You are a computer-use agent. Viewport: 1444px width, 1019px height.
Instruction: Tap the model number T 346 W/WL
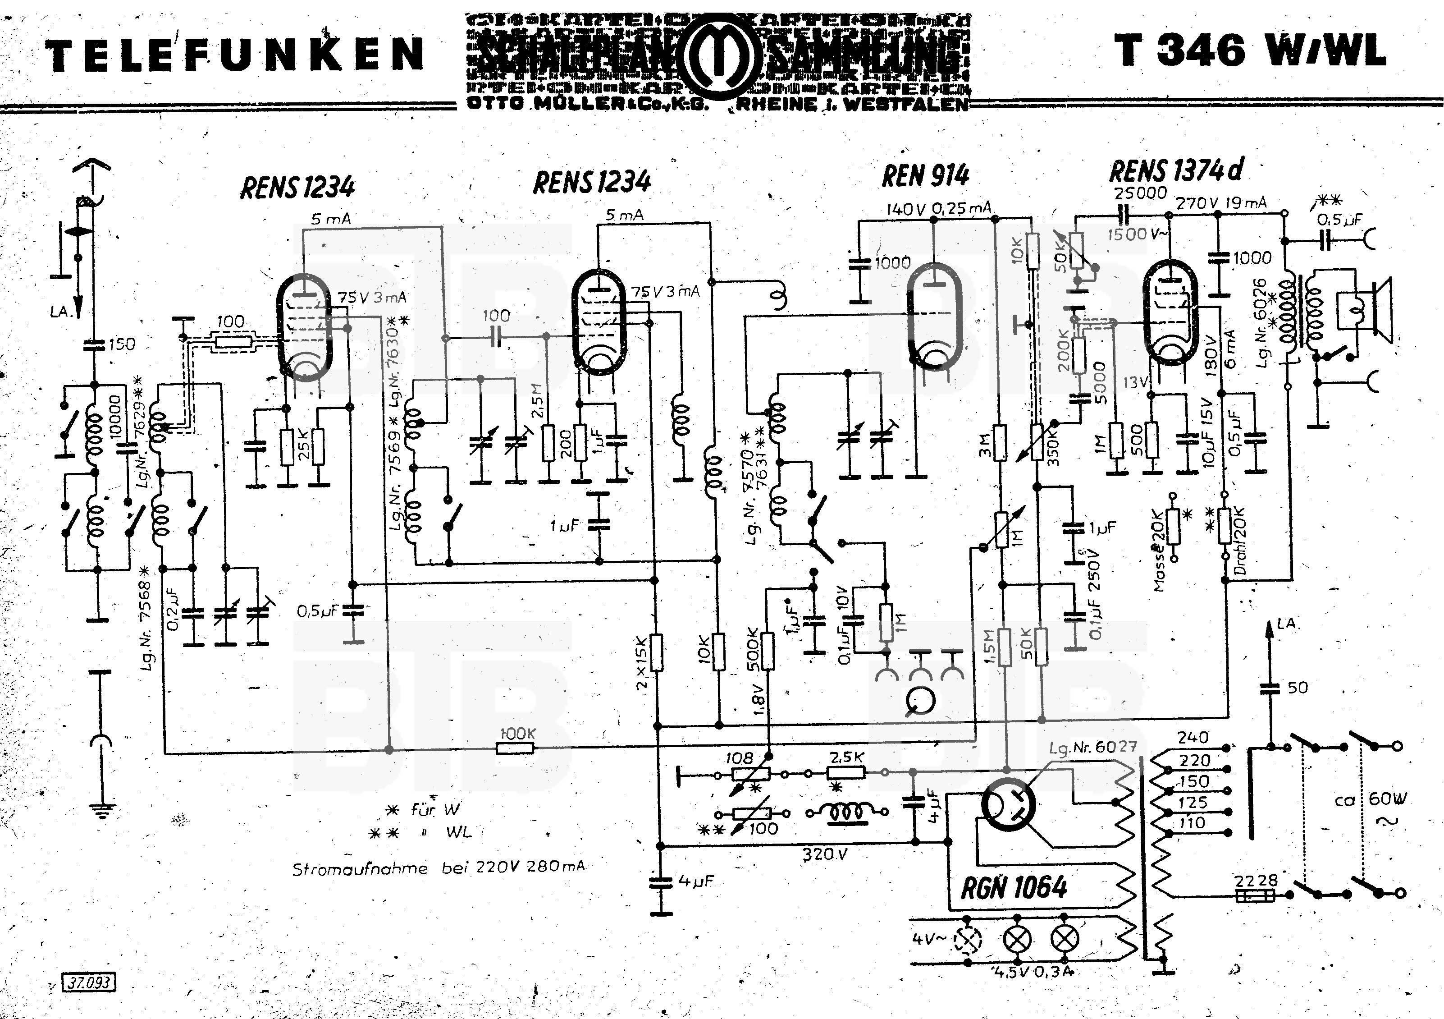pyautogui.click(x=1250, y=50)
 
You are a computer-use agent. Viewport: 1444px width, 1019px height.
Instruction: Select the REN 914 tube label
pyautogui.click(x=925, y=176)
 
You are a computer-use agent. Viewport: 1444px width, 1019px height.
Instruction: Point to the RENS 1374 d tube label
pyautogui.click(x=1175, y=170)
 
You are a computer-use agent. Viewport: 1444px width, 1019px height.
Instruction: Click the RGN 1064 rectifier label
pyautogui.click(x=1014, y=887)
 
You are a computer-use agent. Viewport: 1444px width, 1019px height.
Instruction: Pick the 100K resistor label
pyautogui.click(x=517, y=734)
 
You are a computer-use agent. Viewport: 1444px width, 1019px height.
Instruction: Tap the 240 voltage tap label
pyautogui.click(x=1193, y=737)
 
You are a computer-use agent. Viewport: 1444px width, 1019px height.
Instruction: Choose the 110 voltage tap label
pyautogui.click(x=1192, y=823)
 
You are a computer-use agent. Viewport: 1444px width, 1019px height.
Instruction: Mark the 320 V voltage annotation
pyautogui.click(x=824, y=854)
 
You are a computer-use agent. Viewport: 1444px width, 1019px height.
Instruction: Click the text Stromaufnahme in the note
pyautogui.click(x=360, y=869)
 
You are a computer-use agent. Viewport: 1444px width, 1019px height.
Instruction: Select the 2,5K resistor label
pyautogui.click(x=846, y=757)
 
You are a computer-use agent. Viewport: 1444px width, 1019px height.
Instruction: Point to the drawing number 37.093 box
pyautogui.click(x=89, y=982)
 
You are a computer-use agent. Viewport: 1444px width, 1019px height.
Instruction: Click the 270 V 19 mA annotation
pyautogui.click(x=1221, y=202)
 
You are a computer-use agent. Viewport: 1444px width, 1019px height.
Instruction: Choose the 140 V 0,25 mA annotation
pyautogui.click(x=938, y=209)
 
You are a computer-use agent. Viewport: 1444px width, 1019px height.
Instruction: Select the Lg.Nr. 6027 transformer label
pyautogui.click(x=1092, y=747)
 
